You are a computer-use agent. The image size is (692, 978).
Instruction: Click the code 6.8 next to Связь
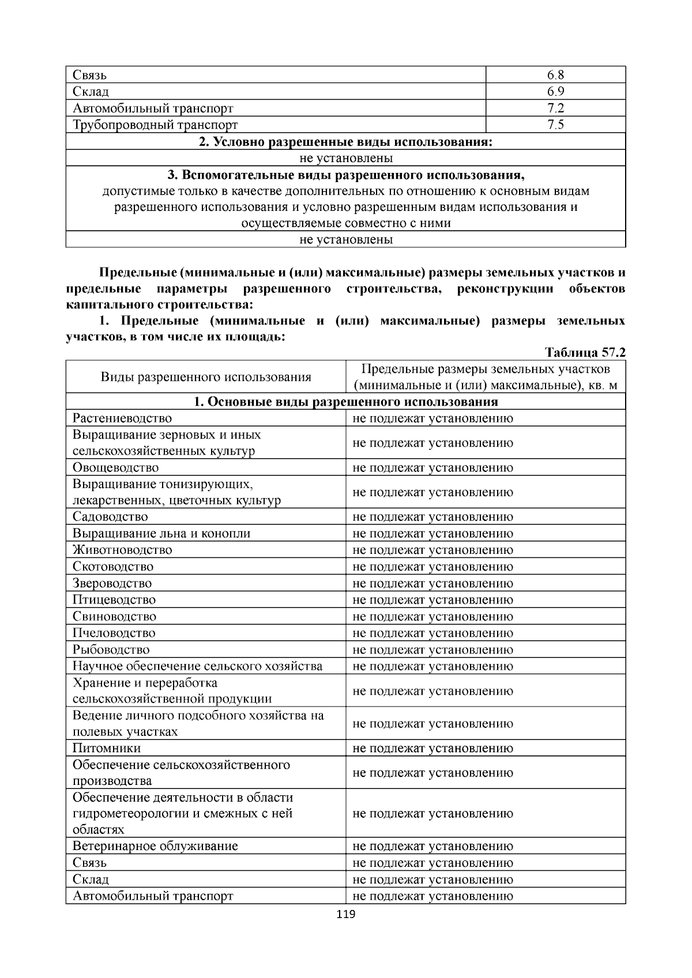[x=555, y=75]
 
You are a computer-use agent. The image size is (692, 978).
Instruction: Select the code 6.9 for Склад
[x=555, y=92]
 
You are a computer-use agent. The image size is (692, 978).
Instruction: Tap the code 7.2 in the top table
[x=555, y=108]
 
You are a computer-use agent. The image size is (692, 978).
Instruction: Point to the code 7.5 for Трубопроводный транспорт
[x=555, y=125]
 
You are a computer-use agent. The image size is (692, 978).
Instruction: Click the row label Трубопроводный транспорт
[x=155, y=125]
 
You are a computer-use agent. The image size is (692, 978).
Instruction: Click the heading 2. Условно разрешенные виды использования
[x=345, y=142]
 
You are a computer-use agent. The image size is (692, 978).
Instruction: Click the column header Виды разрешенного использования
[x=206, y=377]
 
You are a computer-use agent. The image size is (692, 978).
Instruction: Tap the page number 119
[x=345, y=915]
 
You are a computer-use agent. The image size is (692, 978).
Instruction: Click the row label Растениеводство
[x=122, y=418]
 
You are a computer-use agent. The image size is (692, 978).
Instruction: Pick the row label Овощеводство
[x=115, y=468]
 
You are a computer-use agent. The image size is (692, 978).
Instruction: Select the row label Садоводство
[x=110, y=517]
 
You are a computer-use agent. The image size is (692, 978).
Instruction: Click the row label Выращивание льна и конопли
[x=161, y=534]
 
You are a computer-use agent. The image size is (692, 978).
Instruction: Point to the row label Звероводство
[x=112, y=584]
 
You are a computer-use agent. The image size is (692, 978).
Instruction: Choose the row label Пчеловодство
[x=114, y=633]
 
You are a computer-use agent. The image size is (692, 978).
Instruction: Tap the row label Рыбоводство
[x=111, y=650]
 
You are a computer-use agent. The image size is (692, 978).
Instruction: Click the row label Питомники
[x=107, y=749]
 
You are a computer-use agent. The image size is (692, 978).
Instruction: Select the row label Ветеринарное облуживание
[x=155, y=847]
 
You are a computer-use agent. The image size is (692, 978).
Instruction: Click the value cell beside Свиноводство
[x=432, y=617]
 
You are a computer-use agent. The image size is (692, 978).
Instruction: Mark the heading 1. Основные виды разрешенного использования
[x=345, y=402]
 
